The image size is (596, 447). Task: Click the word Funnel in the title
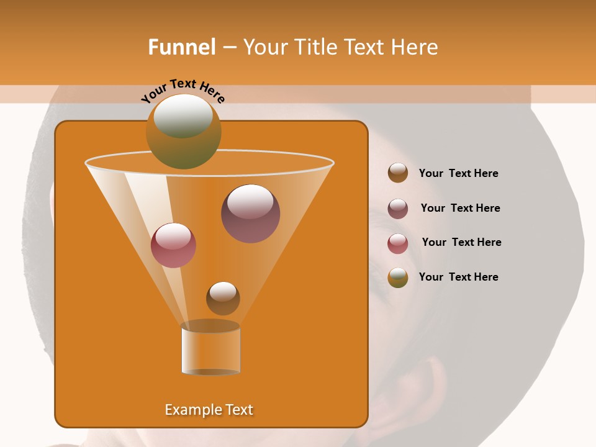click(x=181, y=47)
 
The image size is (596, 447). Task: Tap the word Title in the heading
click(x=315, y=47)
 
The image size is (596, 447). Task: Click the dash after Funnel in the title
click(x=228, y=48)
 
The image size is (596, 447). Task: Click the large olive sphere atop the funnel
click(x=183, y=132)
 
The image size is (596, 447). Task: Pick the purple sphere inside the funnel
click(x=250, y=214)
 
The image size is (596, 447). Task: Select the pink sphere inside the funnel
click(x=173, y=245)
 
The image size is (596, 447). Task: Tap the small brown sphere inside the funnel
click(x=223, y=298)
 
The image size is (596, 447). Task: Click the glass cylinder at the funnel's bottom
click(x=210, y=350)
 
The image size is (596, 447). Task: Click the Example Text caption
click(x=209, y=410)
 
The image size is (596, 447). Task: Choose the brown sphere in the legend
click(x=398, y=173)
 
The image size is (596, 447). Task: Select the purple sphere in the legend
click(x=398, y=209)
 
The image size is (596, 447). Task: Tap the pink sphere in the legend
click(x=398, y=243)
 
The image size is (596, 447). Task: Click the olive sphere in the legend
click(x=398, y=278)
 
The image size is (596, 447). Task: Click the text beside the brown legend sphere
click(x=458, y=173)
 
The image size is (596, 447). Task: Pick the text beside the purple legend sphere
click(x=460, y=208)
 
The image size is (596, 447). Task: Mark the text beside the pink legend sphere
click(x=461, y=242)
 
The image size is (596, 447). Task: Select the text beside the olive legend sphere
click(x=458, y=277)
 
